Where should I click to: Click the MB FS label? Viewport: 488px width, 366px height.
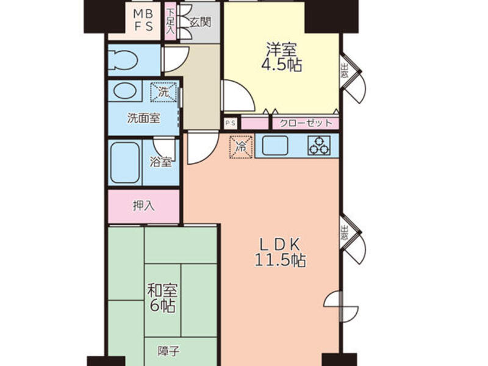(x=143, y=20)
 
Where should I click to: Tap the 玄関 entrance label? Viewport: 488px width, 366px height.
(x=201, y=22)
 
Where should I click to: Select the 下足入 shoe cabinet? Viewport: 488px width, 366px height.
(x=170, y=21)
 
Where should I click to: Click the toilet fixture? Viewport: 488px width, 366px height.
(x=124, y=60)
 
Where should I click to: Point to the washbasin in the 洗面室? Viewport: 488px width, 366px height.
(x=125, y=90)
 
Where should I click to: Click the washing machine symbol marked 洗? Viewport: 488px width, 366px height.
(x=163, y=92)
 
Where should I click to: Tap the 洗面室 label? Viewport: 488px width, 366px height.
(x=143, y=118)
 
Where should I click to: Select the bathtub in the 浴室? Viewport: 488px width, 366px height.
(x=125, y=162)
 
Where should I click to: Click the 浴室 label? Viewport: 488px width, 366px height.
(x=160, y=162)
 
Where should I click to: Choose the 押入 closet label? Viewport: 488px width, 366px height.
(x=143, y=206)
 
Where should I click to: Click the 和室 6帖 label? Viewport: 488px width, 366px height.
(x=162, y=298)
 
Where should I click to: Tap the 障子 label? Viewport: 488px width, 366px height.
(x=168, y=351)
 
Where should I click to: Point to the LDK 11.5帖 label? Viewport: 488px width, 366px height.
(x=280, y=252)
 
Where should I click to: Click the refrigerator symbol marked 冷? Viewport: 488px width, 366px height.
(x=241, y=146)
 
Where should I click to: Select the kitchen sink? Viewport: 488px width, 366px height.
(x=275, y=146)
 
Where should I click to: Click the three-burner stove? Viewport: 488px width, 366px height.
(x=318, y=146)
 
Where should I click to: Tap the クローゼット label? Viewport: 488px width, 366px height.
(x=306, y=123)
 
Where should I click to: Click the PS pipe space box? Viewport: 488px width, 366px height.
(x=231, y=123)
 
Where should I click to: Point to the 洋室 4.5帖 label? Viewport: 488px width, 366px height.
(x=281, y=57)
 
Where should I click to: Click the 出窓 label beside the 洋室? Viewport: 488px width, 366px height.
(x=344, y=71)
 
